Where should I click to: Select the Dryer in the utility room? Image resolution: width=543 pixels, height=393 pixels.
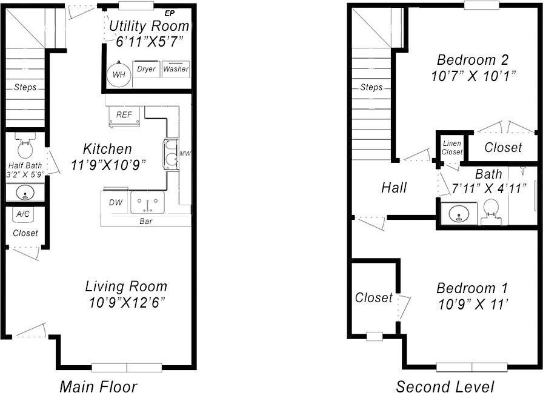146,69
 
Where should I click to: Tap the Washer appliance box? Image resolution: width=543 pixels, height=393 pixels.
175,69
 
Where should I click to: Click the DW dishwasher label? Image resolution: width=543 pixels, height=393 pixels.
115,202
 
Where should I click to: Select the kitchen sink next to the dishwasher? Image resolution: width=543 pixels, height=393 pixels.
147,202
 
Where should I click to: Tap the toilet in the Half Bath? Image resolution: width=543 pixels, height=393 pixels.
25,147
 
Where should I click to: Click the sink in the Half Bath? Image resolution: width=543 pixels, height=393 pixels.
25,193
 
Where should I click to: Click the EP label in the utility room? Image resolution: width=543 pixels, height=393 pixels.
169,13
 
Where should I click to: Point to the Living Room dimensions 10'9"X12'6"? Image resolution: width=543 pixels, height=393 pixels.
126,301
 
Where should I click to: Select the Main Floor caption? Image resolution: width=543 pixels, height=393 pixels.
98,386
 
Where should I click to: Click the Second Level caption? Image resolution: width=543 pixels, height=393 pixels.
445,386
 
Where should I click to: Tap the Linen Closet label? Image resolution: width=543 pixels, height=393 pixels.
452,148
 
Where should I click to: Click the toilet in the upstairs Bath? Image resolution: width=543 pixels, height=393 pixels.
491,212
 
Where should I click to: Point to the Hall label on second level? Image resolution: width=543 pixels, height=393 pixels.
394,188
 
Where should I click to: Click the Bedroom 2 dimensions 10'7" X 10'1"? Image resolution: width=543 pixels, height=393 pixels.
473,76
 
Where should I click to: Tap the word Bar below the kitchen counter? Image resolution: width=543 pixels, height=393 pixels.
146,222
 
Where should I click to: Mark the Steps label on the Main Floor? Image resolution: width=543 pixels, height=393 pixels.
25,87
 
